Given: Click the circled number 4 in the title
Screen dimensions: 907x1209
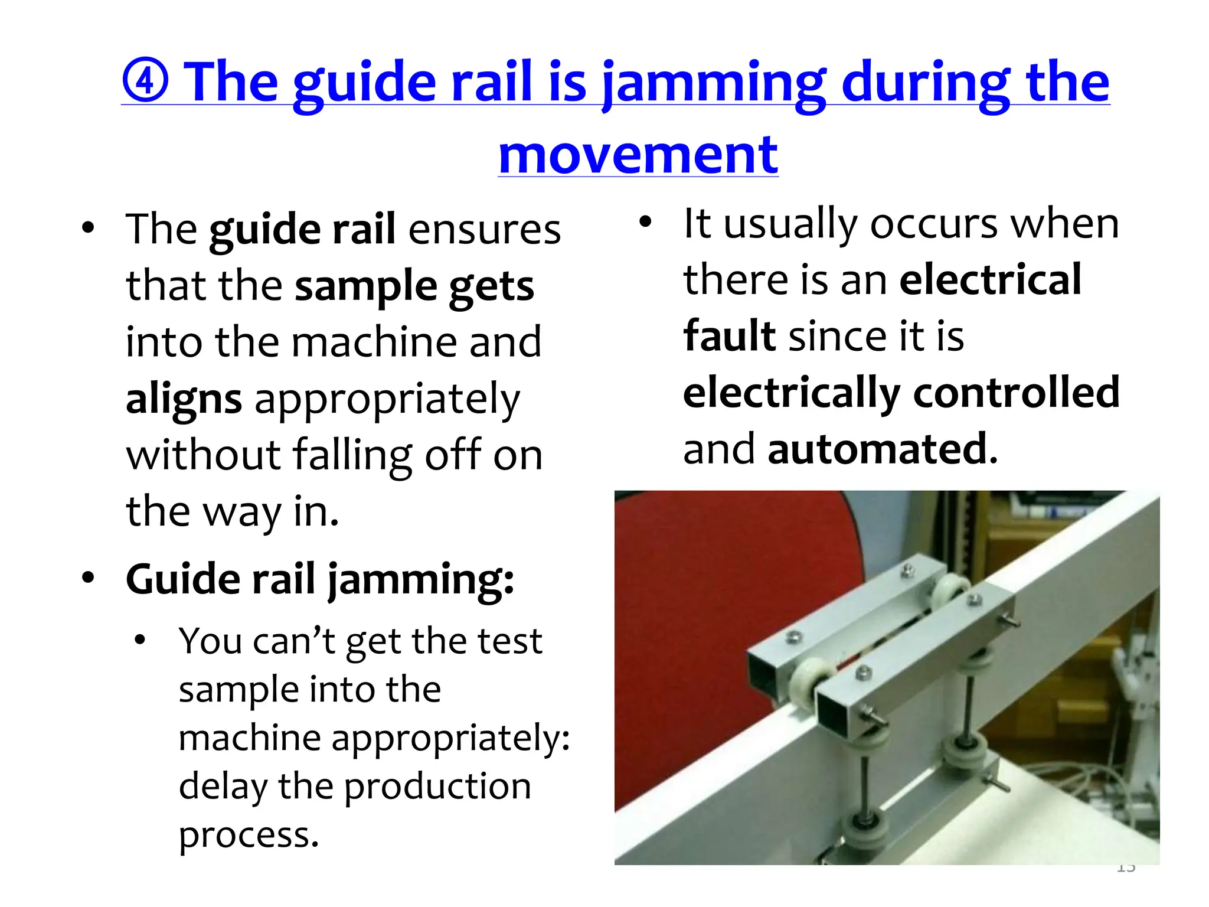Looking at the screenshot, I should (x=146, y=81).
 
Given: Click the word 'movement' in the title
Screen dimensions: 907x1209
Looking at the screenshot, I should (x=638, y=155).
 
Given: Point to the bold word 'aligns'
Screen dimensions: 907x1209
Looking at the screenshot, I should (x=184, y=399).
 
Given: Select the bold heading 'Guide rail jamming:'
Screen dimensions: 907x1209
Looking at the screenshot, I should (x=320, y=579).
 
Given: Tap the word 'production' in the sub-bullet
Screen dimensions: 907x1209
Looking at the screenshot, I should (x=437, y=787).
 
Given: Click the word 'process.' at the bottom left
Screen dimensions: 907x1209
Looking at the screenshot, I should (x=249, y=835).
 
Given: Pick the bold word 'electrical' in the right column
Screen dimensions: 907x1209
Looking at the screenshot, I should (x=990, y=279).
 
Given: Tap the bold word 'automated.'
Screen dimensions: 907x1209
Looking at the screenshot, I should (x=883, y=449).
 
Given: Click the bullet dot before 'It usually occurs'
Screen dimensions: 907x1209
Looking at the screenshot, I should (x=645, y=222).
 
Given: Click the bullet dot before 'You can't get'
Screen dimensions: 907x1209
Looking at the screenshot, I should (x=140, y=640).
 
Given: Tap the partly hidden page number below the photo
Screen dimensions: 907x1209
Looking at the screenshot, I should (x=1126, y=868).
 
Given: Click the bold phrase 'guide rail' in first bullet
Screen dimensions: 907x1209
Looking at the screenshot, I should (x=302, y=230).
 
